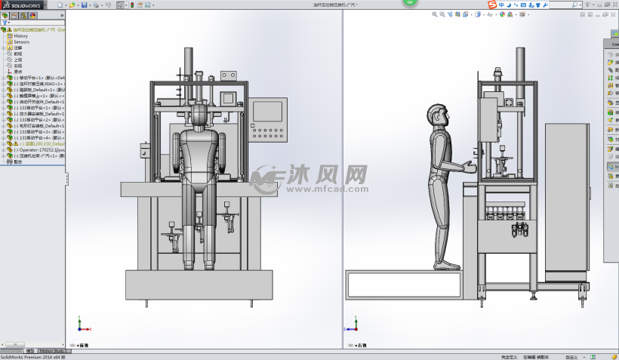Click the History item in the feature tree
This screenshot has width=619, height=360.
(20, 35)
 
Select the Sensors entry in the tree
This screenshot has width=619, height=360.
(21, 42)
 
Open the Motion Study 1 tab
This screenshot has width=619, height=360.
(54, 351)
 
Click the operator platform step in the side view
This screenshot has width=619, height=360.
(408, 285)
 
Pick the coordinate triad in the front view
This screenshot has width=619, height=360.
(82, 327)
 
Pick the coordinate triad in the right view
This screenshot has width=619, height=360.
(350, 327)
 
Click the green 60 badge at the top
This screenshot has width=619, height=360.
(408, 2)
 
